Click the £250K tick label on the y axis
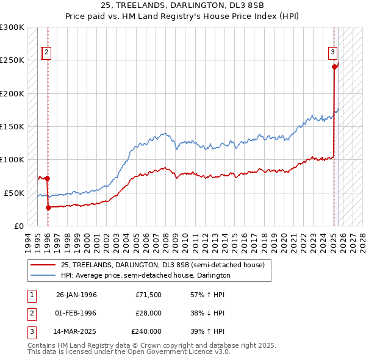pos(12,60)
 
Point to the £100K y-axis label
pos(12,159)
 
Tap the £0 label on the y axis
pos(18,226)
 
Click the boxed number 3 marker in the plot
pos(333,52)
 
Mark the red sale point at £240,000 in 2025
pos(334,67)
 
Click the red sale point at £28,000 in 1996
pos(48,207)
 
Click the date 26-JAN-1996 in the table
pos(76,295)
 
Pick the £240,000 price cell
pos(146,331)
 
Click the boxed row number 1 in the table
pos(30,295)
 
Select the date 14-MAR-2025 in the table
pos(76,331)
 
